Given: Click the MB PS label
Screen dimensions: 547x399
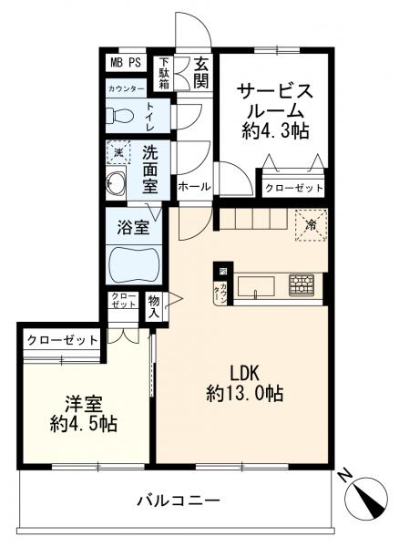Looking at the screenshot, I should click(125, 63).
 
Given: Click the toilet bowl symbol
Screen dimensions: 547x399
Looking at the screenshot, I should click(118, 117).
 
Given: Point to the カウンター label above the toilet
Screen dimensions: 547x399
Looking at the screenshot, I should click(126, 88).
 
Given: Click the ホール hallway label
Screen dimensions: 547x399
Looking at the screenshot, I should click(194, 187).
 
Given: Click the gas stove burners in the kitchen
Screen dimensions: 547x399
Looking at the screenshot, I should click(301, 284).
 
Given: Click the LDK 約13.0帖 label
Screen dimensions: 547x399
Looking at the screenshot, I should click(243, 383).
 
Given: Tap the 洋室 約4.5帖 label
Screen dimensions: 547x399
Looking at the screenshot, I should click(81, 413).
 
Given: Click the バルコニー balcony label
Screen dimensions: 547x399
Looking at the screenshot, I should click(179, 501).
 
